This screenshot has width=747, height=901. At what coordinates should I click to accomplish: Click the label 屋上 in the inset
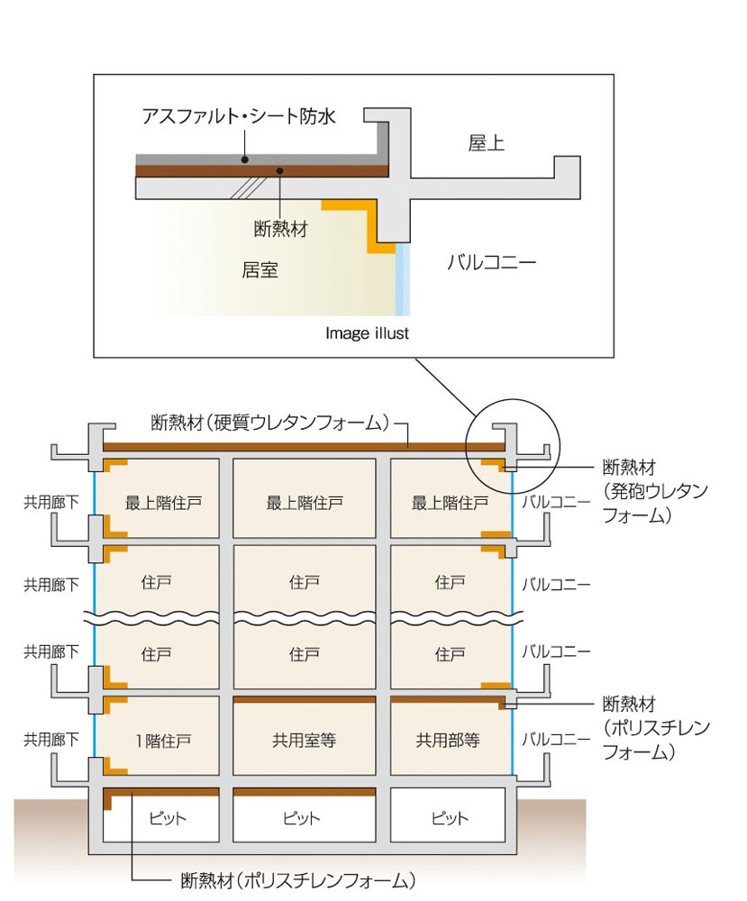coord(487,142)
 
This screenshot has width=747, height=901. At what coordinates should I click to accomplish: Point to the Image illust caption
coord(367,333)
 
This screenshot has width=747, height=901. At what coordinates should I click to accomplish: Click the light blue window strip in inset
coord(403,279)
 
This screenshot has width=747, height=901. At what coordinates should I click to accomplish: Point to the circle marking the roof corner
coord(513,445)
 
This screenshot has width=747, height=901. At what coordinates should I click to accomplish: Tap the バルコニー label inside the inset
coord(492,263)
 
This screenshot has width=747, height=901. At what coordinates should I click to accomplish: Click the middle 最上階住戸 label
coord(305,503)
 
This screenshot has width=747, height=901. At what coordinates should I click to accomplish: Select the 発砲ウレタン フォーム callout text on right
coord(654,492)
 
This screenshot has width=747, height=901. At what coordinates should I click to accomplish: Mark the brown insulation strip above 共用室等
coord(304,699)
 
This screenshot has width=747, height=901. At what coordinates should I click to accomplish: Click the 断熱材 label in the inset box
coord(281,229)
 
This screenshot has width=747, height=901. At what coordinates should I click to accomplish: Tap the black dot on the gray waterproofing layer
coord(244,159)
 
